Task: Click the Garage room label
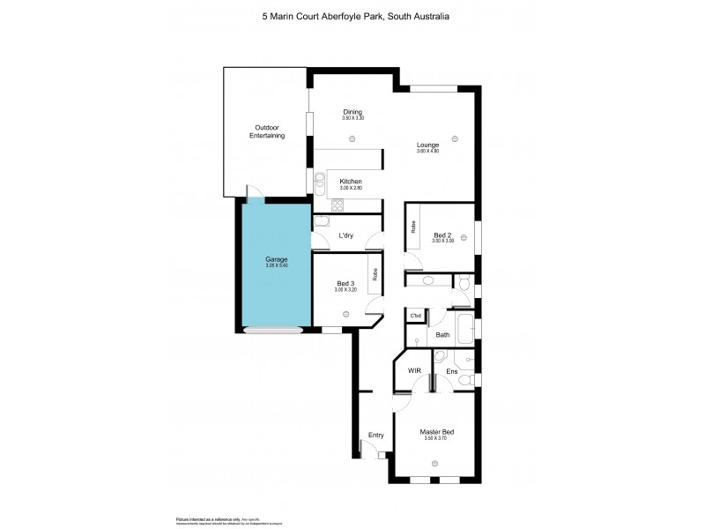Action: pos(277,259)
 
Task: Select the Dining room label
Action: pos(352,112)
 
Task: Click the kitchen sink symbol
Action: pos(319,183)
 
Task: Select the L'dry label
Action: pos(346,235)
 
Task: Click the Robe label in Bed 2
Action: pos(413,227)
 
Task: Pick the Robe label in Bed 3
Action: pos(375,274)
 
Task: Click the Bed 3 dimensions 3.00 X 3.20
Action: pos(345,290)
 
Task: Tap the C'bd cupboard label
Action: pos(415,315)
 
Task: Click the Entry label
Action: pos(376,435)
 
